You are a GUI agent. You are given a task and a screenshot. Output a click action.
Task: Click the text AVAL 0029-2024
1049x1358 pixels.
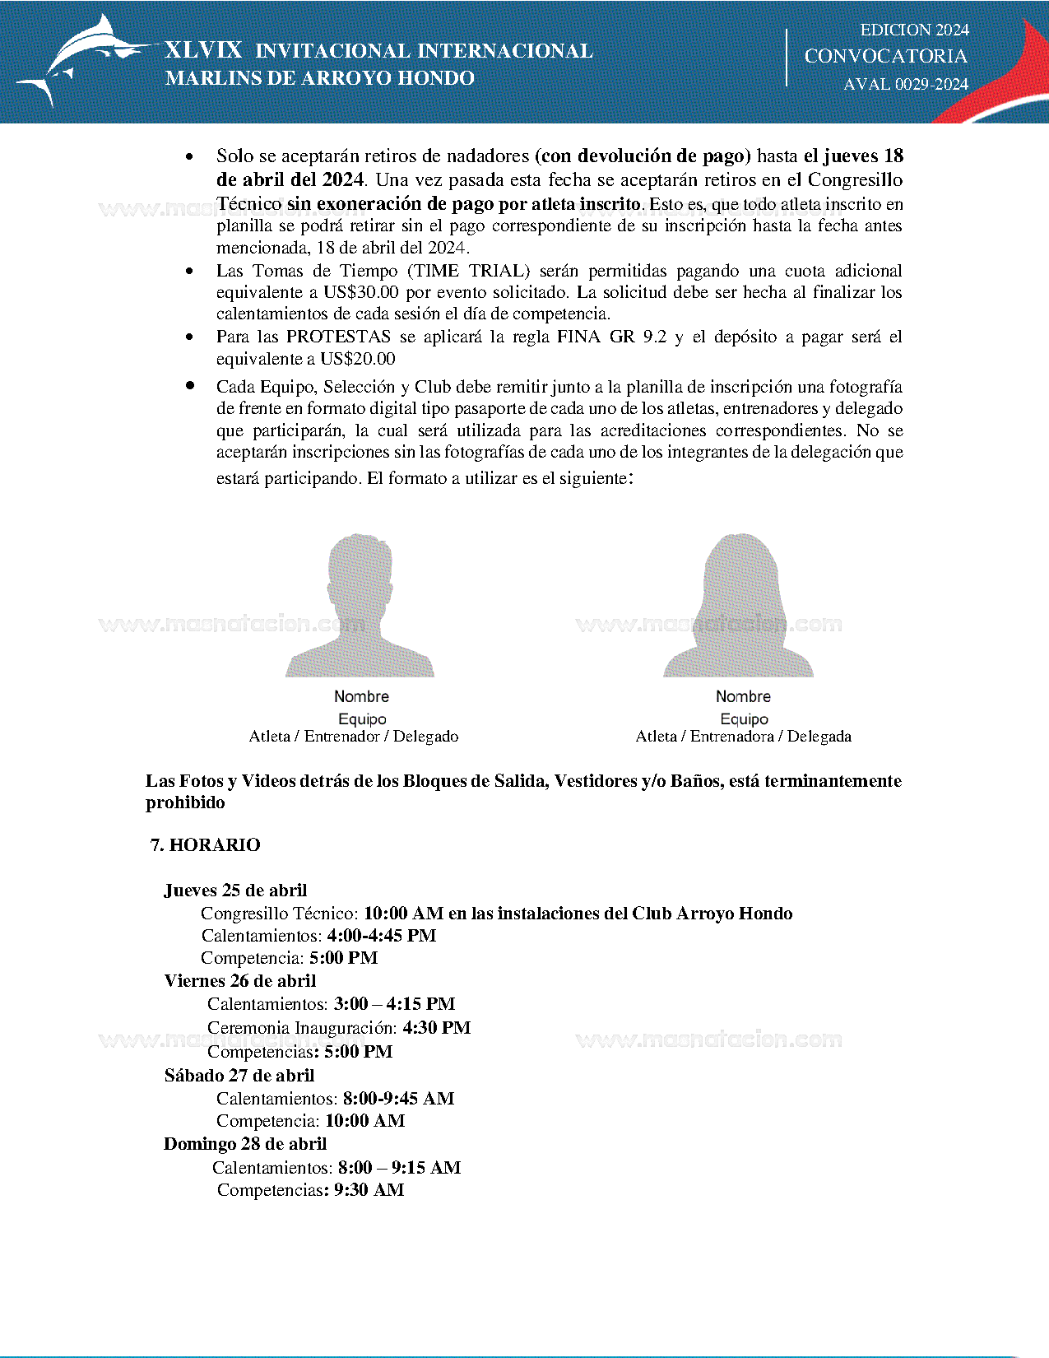906,84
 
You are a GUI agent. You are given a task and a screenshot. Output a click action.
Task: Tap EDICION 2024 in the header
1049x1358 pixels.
914,30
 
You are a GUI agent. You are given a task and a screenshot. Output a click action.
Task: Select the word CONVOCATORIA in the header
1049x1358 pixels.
885,56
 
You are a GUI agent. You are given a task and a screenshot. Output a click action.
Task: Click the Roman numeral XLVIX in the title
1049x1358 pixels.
203,50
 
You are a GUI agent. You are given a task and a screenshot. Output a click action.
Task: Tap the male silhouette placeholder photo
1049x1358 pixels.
360,607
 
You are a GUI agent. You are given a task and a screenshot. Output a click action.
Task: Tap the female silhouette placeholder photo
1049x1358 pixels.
739,607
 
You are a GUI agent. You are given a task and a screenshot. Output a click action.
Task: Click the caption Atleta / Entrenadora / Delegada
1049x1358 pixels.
743,737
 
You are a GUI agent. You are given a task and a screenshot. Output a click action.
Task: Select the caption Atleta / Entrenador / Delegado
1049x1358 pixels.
354,737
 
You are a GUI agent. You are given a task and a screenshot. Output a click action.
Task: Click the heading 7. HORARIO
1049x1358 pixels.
205,845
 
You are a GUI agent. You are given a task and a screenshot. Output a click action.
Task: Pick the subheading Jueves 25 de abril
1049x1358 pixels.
235,891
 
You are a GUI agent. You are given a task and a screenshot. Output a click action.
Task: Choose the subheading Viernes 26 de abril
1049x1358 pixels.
239,981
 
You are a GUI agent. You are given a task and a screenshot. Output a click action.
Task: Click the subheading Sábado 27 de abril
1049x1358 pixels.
239,1076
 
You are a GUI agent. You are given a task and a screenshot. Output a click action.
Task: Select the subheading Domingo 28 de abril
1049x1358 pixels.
245,1144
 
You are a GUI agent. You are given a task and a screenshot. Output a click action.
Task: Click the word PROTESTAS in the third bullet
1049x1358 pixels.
338,337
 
